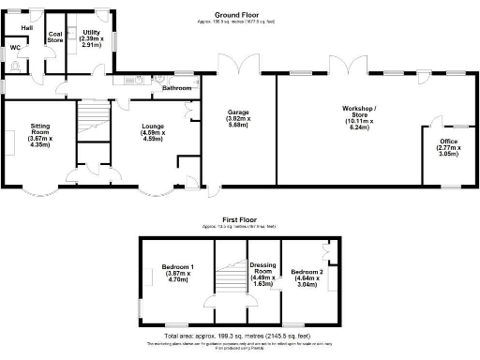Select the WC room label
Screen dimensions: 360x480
tap(15, 47)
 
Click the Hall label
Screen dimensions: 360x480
tap(27, 28)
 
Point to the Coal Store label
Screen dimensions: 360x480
tap(54, 37)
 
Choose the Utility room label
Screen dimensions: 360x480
tap(91, 33)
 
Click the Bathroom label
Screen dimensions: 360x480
tap(177, 88)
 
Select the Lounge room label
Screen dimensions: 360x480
tap(152, 131)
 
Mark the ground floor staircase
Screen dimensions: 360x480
tap(90, 120)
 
